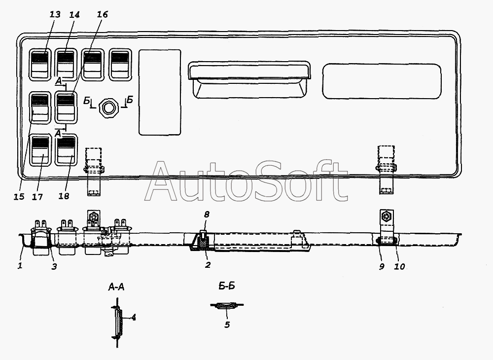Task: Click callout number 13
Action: click(x=55, y=14)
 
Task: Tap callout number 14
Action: click(x=74, y=14)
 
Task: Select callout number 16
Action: click(x=102, y=14)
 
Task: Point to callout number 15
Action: click(x=19, y=197)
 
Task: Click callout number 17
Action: click(x=37, y=197)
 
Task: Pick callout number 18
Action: click(x=64, y=196)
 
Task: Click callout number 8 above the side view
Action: click(x=207, y=215)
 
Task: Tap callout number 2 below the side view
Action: click(x=208, y=265)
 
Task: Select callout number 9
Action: click(x=382, y=267)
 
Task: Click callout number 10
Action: click(x=399, y=267)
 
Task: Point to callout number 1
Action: click(x=20, y=266)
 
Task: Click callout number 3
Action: click(x=54, y=267)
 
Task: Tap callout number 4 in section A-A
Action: click(x=134, y=318)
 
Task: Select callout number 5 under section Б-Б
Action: click(x=227, y=324)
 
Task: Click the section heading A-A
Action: click(x=116, y=287)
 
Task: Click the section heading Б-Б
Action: click(x=227, y=286)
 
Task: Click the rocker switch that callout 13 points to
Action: click(x=40, y=64)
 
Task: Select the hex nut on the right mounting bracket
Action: click(x=386, y=216)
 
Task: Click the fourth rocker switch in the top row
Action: click(x=120, y=64)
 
